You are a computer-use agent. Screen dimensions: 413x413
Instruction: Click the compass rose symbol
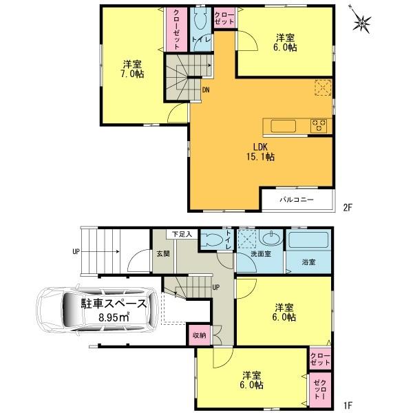pos(363,23)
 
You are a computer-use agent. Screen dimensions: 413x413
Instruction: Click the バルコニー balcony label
pos(297,200)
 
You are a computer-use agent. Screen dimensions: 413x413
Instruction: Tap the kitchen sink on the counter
pos(282,125)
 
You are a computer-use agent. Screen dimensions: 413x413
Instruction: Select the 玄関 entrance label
pos(163,254)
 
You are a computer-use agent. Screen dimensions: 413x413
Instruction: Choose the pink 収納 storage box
pos(199,336)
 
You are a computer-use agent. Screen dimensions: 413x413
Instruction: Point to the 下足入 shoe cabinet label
pos(182,234)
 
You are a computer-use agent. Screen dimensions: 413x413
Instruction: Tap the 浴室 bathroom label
pos(309,262)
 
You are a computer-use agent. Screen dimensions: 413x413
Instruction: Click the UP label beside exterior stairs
pos(76,251)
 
